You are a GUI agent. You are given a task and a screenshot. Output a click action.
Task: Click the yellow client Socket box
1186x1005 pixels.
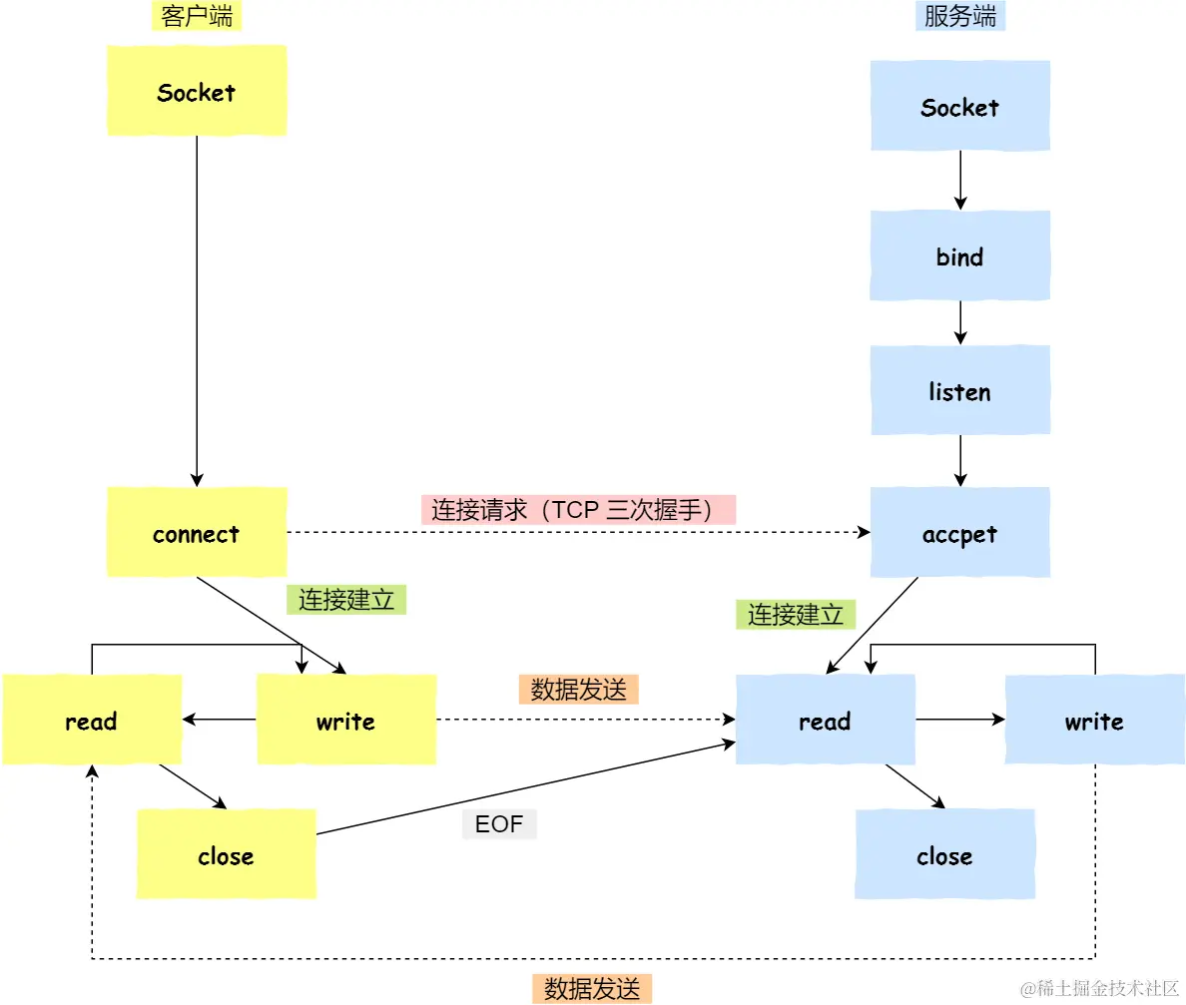pyautogui.click(x=197, y=91)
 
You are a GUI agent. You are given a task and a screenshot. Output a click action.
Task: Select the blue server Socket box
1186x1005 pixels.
pyautogui.click(x=959, y=106)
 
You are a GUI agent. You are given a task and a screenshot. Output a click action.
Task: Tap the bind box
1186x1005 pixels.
pyautogui.click(x=959, y=255)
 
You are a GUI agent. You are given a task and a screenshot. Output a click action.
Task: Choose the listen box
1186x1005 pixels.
pyautogui.click(x=959, y=390)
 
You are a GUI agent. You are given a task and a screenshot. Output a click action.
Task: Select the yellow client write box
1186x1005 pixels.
pyautogui.click(x=346, y=720)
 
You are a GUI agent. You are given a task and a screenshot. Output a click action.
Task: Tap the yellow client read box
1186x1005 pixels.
pyautogui.click(x=91, y=720)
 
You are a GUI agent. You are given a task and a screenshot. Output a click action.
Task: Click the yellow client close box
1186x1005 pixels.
pyautogui.click(x=226, y=854)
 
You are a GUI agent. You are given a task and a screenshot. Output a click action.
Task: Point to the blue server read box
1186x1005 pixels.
pyautogui.click(x=825, y=720)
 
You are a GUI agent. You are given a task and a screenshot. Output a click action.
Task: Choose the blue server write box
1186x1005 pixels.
pyautogui.click(x=1094, y=720)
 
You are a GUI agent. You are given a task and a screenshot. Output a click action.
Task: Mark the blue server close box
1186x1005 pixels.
pyautogui.click(x=944, y=854)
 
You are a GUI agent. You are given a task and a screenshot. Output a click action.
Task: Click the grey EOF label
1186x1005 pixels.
pyautogui.click(x=499, y=824)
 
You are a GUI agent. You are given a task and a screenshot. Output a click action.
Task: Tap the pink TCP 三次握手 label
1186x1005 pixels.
pyautogui.click(x=578, y=510)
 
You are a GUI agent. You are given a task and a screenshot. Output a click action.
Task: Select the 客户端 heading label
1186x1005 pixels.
pyautogui.click(x=197, y=16)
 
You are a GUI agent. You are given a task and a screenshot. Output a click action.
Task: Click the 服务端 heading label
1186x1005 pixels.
pyautogui.click(x=959, y=16)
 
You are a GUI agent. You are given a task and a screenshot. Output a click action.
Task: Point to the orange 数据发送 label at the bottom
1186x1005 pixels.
pyautogui.click(x=592, y=988)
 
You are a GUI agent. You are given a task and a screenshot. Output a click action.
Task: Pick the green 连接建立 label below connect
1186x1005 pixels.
pyautogui.click(x=346, y=599)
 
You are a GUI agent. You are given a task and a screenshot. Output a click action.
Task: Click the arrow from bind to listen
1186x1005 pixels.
pyautogui.click(x=959, y=322)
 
